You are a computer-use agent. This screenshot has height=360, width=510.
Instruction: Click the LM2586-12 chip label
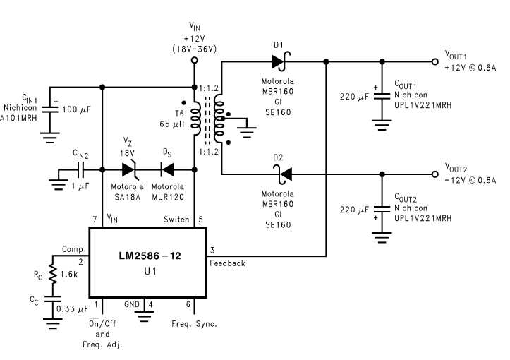click(x=149, y=256)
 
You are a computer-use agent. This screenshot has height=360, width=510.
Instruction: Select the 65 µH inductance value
click(x=172, y=124)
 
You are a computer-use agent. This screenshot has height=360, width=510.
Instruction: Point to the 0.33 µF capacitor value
click(x=72, y=308)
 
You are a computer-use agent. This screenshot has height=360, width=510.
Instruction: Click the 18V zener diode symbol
click(x=128, y=169)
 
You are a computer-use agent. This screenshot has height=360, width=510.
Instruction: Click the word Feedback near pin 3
click(x=227, y=263)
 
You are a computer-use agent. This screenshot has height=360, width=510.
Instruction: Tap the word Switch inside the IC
click(x=176, y=220)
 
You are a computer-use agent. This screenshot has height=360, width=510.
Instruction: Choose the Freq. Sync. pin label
click(x=194, y=325)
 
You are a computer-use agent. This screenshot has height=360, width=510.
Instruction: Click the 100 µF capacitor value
click(x=79, y=111)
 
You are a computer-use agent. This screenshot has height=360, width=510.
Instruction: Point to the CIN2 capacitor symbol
click(x=81, y=169)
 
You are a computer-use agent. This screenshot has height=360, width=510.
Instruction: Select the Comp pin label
click(x=73, y=249)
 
